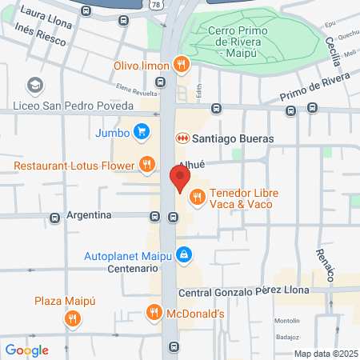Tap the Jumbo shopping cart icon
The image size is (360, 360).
pyautogui.click(x=142, y=132)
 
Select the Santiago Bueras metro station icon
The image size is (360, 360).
pyautogui.click(x=182, y=138)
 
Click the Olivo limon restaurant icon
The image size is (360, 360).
pyautogui.click(x=182, y=65)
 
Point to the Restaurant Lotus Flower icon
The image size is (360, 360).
pyautogui.click(x=146, y=166)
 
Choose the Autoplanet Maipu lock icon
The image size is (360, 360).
pyautogui.click(x=184, y=254)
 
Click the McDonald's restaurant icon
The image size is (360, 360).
pyautogui.click(x=154, y=313)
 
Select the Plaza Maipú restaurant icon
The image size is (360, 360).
pyautogui.click(x=73, y=319)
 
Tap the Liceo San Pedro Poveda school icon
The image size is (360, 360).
pyautogui.click(x=34, y=84)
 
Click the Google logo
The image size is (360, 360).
pyautogui.click(x=26, y=350)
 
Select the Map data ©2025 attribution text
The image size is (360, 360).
pyautogui.click(x=325, y=354)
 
